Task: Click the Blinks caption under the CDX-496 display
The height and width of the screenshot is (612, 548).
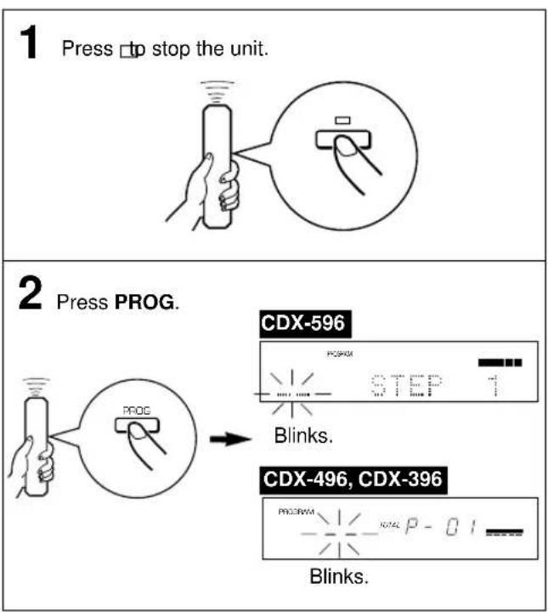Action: coord(339,577)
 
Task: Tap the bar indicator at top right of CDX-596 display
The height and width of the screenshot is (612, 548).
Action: coord(500,363)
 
